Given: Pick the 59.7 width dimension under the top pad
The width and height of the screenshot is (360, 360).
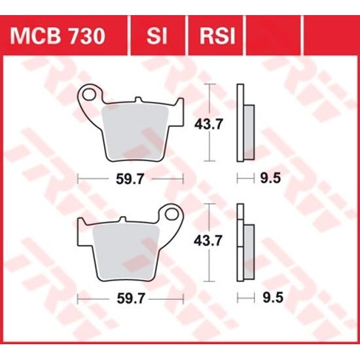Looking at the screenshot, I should tap(130, 178).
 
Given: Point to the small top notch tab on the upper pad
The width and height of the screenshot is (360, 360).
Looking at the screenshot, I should tap(138, 100).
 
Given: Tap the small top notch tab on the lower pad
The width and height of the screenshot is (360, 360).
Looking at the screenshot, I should tap(122, 220).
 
